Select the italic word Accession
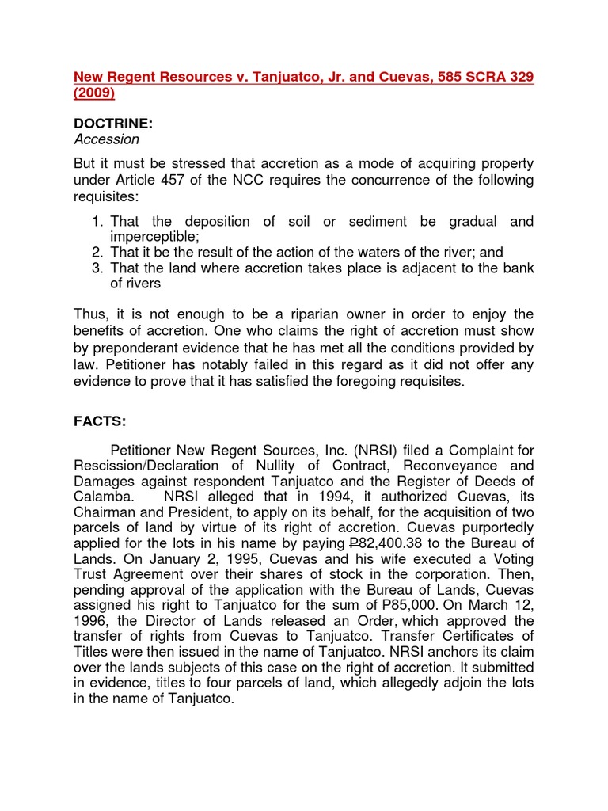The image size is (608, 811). (106, 140)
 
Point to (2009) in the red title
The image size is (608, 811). (94, 93)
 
